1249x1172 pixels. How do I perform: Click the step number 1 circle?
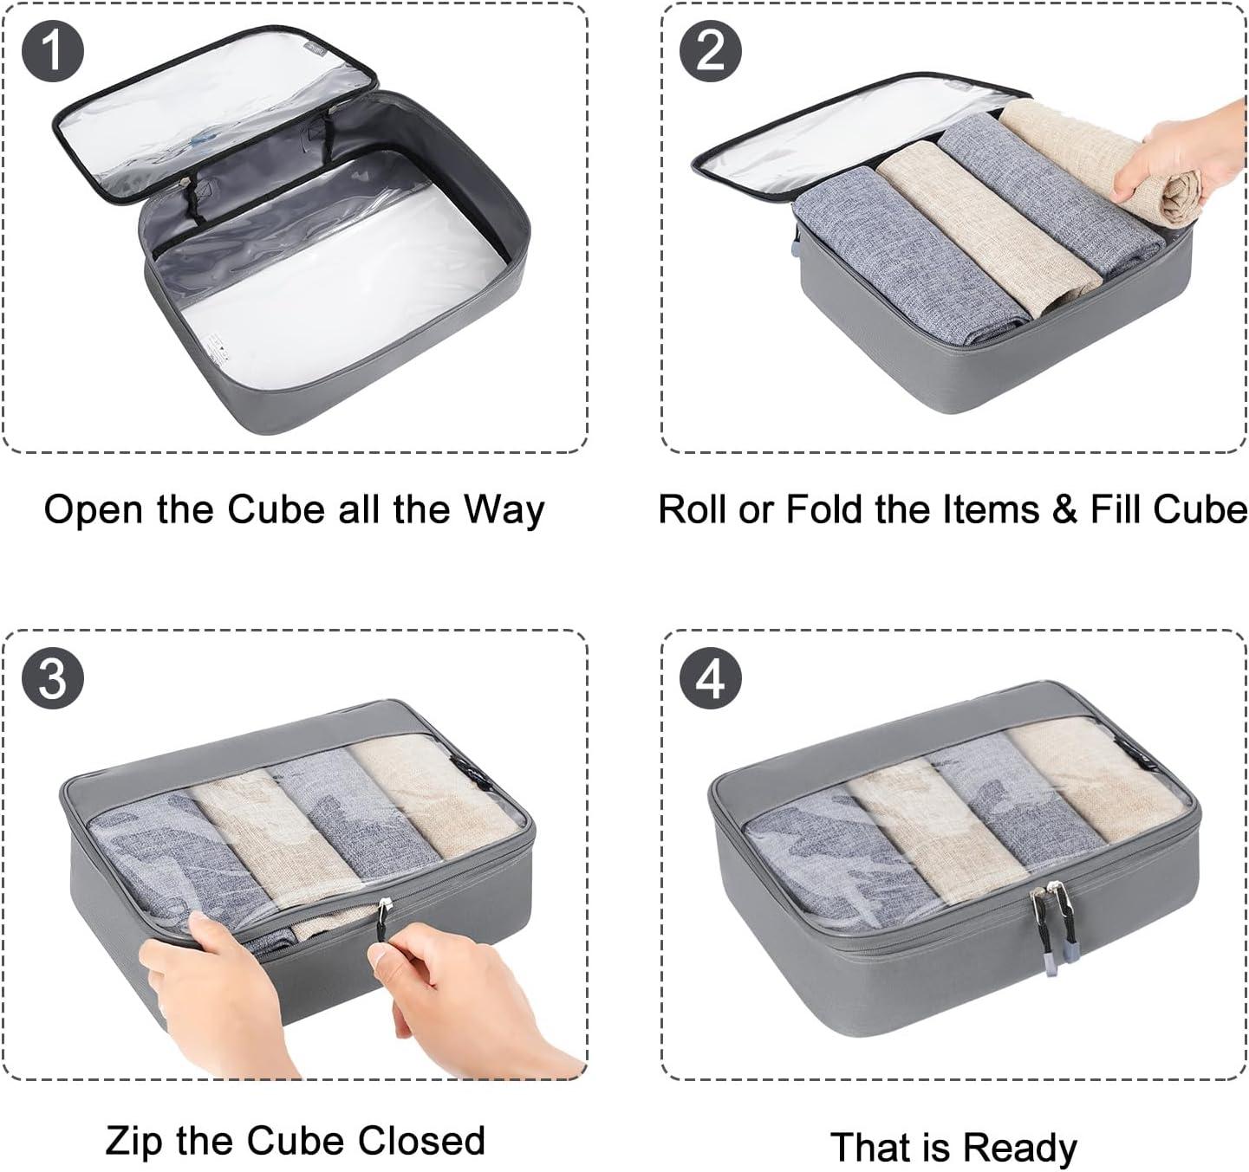(x=53, y=50)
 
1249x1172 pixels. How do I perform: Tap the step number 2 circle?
(x=711, y=50)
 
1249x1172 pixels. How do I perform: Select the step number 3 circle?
(x=53, y=677)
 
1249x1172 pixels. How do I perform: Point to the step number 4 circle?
(x=711, y=677)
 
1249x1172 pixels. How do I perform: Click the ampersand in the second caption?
(x=1064, y=509)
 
